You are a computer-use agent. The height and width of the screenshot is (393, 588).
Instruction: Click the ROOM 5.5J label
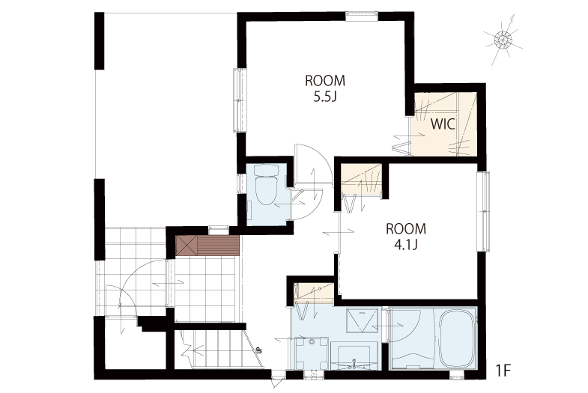pos(325,89)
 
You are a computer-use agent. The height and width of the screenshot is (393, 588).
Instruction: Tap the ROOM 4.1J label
pos(406,237)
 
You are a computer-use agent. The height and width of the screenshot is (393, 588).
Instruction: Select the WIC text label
pos(443,124)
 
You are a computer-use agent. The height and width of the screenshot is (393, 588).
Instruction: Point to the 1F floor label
pos(503,371)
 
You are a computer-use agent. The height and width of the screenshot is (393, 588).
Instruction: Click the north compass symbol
pos(503,40)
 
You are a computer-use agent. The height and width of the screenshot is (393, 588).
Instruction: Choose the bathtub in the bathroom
pos(456,339)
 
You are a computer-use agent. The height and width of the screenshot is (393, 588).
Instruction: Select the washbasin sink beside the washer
pos(354,357)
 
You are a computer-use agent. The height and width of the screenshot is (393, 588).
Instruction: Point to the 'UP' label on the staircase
pos(258,350)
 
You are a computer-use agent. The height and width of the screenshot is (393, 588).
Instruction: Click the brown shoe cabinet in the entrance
pos(207,246)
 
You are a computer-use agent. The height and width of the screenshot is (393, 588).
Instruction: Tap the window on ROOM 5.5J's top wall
pos(362,16)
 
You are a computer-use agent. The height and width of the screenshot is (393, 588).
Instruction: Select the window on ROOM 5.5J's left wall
pos(240,100)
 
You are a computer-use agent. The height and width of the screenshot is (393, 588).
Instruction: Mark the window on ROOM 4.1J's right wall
pos(483,211)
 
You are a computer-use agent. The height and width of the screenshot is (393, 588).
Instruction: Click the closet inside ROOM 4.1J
pos(361,179)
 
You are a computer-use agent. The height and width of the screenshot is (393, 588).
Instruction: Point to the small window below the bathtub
pos(457,374)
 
